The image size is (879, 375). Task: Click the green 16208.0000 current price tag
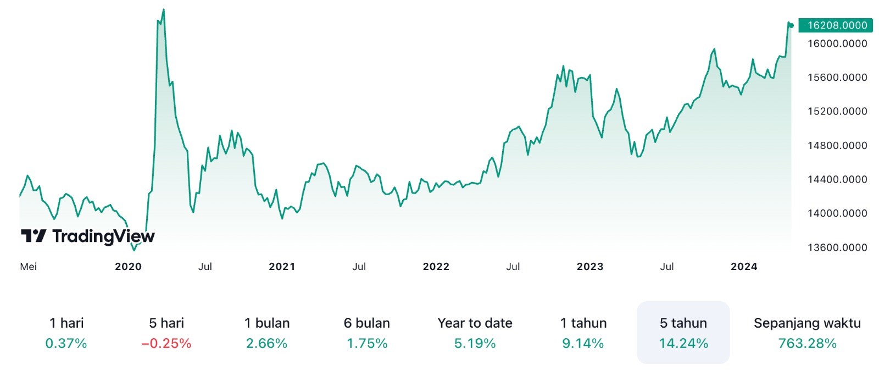pos(836,25)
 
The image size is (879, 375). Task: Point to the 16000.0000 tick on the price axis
pos(837,43)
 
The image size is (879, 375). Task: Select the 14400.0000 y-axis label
pos(837,179)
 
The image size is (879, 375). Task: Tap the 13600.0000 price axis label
pos(837,247)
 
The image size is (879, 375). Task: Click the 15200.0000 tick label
pos(837,111)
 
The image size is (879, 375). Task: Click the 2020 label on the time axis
pos(128,267)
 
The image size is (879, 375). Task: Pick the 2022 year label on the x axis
pos(436,267)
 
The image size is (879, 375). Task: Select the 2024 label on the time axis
pos(744,267)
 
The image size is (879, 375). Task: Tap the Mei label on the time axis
pos(28,267)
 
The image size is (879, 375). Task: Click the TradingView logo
pos(88,236)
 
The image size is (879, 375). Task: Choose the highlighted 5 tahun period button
pos(683,332)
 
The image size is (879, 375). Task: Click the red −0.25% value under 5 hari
pos(166,344)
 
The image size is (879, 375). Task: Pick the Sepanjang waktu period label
pos(807,323)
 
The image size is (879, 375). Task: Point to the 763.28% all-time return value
pos(807,344)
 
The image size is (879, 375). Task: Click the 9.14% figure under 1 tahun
pos(583,344)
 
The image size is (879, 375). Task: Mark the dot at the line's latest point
pos(791,25)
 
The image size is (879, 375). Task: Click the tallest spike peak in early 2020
pos(163,10)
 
